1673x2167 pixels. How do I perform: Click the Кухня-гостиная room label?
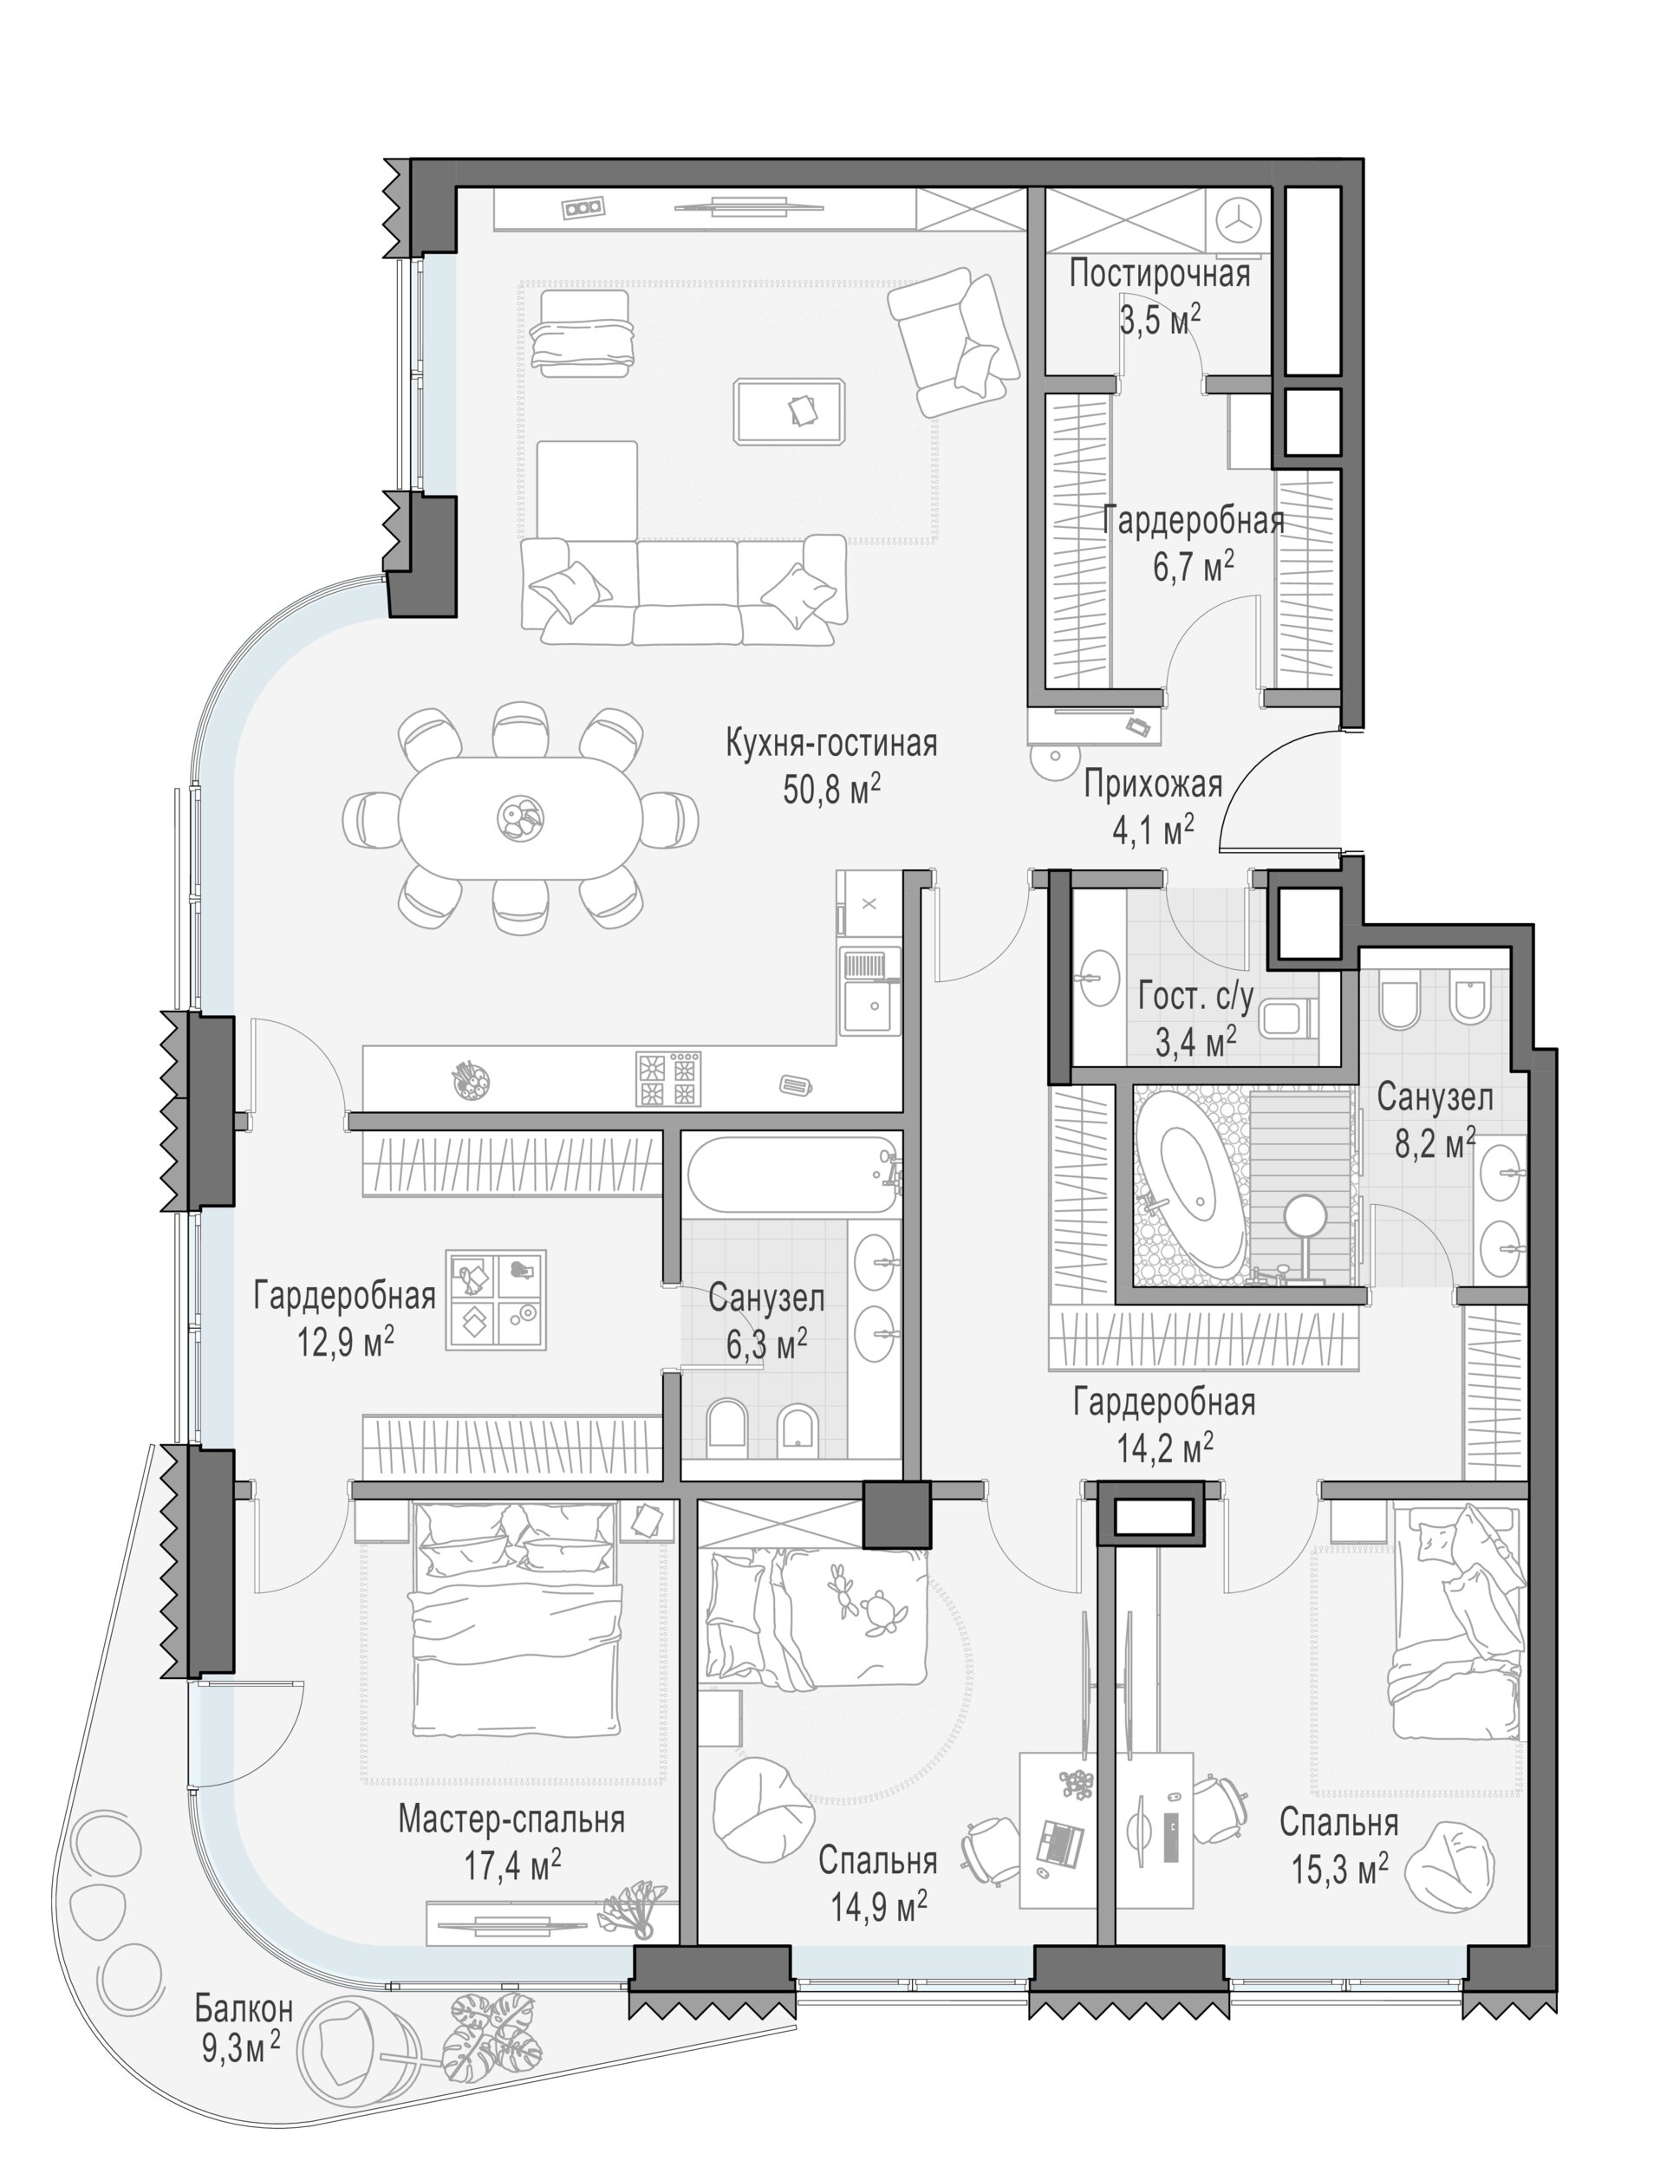tap(831, 743)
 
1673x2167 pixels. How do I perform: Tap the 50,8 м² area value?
tap(831, 790)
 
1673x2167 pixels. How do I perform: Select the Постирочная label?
tap(1159, 274)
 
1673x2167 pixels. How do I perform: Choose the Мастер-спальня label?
tap(511, 1819)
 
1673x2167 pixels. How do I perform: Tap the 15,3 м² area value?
tap(1338, 1871)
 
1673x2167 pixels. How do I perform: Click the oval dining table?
tap(521, 817)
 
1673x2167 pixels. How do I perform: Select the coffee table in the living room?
tap(790, 411)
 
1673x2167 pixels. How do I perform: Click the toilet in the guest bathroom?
tap(1286, 1018)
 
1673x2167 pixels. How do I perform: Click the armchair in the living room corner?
tap(954, 342)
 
